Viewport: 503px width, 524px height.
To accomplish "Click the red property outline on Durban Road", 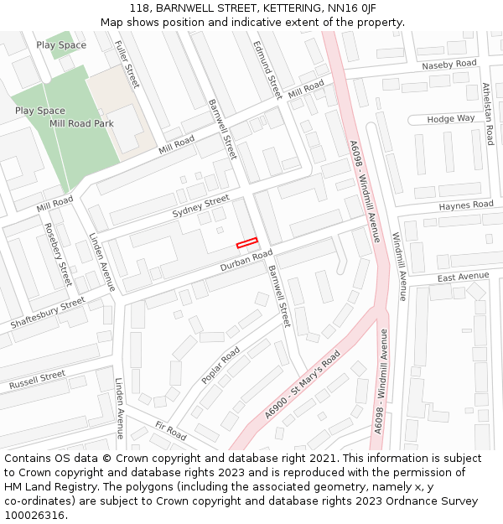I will [246, 243].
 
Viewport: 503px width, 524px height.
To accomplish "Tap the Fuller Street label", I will [127, 65].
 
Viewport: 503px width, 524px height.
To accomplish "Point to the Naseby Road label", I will [449, 65].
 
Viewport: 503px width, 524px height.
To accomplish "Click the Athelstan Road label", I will [487, 113].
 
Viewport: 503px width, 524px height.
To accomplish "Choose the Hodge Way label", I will [451, 119].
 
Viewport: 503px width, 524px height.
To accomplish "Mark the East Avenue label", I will [463, 277].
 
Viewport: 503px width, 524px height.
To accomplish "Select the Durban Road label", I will [246, 261].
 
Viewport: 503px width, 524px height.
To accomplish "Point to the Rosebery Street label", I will [58, 254].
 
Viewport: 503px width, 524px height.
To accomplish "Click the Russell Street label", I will [37, 380].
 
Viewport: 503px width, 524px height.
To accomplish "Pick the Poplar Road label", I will [220, 366].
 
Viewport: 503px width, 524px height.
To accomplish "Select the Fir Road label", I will [170, 431].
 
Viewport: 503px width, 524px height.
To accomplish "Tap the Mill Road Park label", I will [80, 123].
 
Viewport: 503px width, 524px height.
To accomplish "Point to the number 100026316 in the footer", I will [34, 516].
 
